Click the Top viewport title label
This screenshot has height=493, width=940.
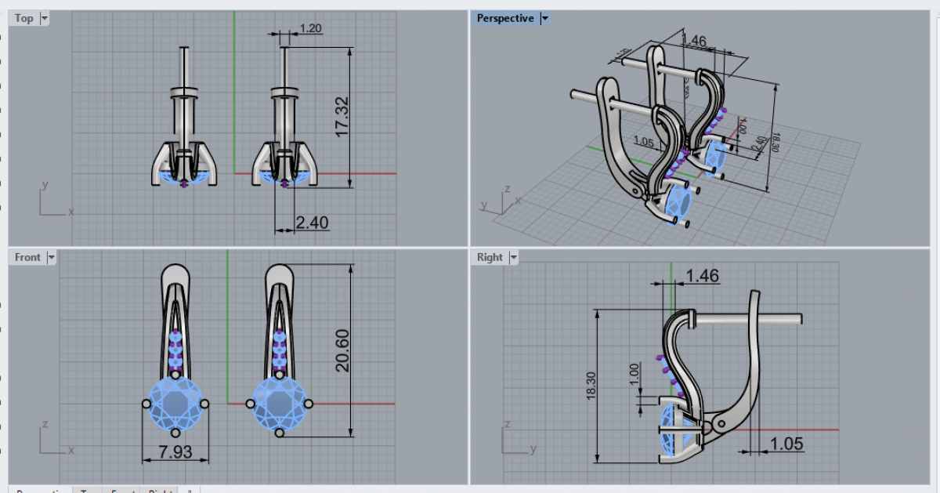coord(24,18)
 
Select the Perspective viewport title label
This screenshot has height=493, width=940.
coord(504,18)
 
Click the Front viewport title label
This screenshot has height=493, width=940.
coord(27,257)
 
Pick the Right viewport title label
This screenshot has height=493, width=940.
coord(490,257)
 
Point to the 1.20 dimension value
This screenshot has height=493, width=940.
coord(311,29)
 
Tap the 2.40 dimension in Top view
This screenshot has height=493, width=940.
coord(312,223)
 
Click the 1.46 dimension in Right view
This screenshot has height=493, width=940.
coord(702,275)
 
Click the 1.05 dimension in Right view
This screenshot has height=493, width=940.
coord(786,444)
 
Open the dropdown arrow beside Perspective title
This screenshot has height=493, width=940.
coord(544,18)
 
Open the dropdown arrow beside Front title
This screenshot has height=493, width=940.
coord(52,257)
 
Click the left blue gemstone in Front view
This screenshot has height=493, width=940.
coord(175,403)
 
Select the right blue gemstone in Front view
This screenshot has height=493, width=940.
coord(279,403)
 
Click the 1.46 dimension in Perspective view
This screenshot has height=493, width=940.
coord(694,40)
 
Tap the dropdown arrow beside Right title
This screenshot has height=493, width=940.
coord(514,257)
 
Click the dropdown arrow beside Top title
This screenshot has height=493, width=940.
coord(44,18)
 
